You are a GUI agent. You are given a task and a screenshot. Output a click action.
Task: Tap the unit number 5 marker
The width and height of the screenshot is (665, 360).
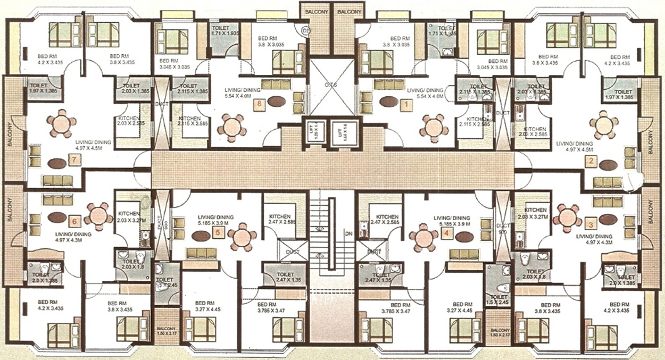point(218,231)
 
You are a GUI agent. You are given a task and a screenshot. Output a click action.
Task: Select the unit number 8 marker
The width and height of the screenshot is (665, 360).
point(260,104)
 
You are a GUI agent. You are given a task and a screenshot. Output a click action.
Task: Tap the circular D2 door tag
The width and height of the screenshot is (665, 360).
point(305,30)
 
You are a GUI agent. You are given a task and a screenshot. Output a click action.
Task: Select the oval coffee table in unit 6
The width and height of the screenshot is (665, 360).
point(57,217)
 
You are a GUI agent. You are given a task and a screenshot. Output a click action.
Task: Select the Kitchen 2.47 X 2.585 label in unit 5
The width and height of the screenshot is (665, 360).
point(280,220)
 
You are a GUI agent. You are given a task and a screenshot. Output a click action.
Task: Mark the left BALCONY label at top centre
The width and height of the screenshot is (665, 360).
point(316,12)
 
